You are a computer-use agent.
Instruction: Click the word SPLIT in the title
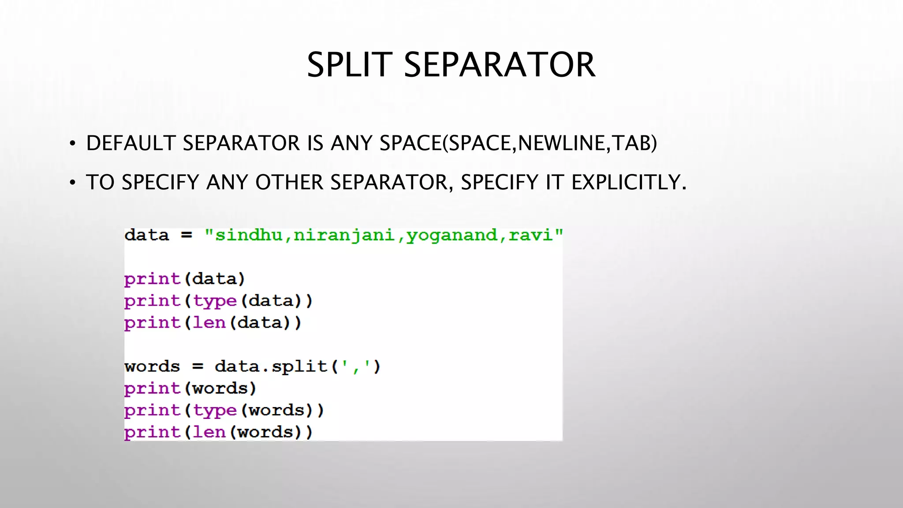coord(349,65)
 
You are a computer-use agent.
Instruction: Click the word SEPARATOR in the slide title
coord(500,65)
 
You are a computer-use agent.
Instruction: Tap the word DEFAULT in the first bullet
coord(131,143)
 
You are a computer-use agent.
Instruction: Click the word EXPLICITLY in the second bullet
coord(629,182)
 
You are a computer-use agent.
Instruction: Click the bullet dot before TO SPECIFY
coord(73,183)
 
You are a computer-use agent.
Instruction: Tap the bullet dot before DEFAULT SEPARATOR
coord(73,144)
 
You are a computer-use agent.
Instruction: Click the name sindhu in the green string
coord(248,235)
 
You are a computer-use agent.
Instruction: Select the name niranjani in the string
coord(344,235)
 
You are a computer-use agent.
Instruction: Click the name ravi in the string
coord(530,235)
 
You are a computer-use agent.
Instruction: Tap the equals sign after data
coord(187,235)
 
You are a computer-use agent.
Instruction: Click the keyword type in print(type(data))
coord(215,301)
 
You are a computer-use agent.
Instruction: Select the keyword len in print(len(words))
coord(209,432)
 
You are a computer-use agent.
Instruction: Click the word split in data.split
coord(299,366)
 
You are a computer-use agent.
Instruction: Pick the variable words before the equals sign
coord(152,366)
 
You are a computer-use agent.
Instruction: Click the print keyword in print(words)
coord(152,388)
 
